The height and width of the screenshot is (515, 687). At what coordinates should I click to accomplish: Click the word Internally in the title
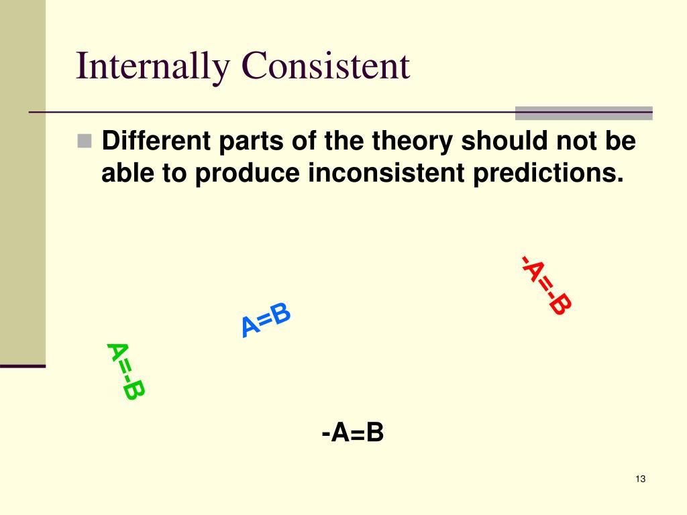[153, 67]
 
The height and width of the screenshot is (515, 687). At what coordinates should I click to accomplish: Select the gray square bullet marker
[85, 141]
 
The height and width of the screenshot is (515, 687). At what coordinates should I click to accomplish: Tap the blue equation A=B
[266, 320]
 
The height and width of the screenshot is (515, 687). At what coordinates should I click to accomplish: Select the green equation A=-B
[125, 371]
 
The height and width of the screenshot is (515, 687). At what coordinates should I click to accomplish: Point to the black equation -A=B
[352, 433]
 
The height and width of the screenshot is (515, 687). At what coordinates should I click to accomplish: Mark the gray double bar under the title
[583, 113]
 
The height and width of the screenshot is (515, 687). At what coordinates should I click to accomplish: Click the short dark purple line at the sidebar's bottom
[23, 366]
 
